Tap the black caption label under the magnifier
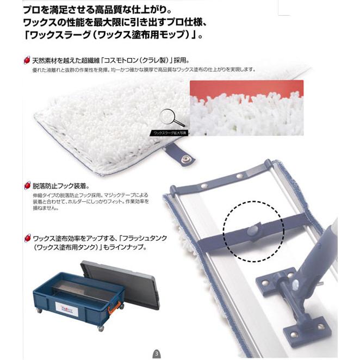pos(170,132)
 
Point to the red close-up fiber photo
pos(246,108)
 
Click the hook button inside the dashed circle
pos(253,231)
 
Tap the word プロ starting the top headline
pos(31,10)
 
